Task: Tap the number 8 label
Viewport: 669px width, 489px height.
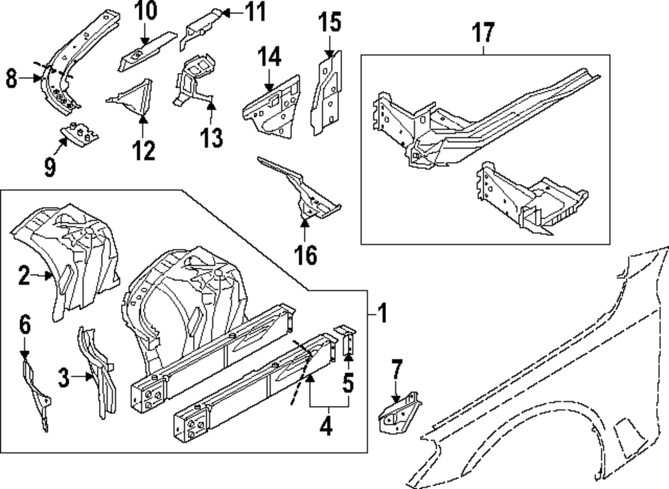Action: pyautogui.click(x=11, y=79)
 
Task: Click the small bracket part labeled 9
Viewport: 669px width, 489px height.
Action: pyautogui.click(x=80, y=133)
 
